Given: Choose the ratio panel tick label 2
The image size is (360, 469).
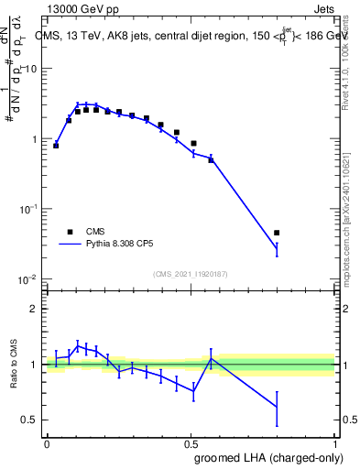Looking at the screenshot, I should (35, 309).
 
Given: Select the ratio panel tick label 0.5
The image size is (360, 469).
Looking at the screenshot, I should (30, 420).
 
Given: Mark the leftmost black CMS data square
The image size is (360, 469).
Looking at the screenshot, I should (56, 146).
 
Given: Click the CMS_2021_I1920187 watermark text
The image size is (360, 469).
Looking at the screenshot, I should (191, 273).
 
